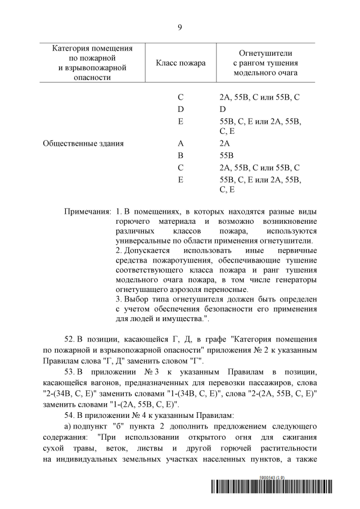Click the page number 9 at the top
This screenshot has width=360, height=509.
point(179,26)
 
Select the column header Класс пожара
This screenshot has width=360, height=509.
point(181,63)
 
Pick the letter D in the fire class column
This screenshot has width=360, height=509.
point(181,109)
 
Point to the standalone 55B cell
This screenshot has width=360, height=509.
point(231,155)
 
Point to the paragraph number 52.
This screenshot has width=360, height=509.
point(70,339)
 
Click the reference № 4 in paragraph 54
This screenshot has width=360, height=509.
point(138,415)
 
